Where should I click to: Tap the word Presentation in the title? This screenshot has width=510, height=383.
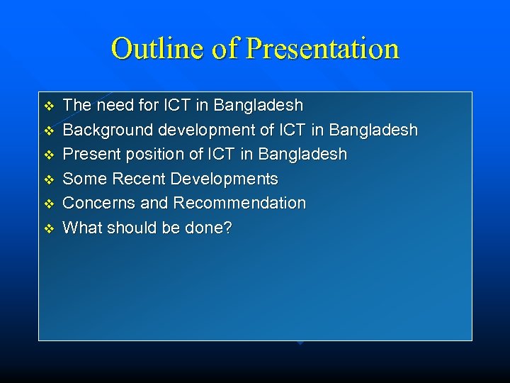coord(322,49)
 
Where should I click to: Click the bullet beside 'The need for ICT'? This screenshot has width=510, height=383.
coord(49,106)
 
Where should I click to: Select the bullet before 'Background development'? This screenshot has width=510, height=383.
coord(49,131)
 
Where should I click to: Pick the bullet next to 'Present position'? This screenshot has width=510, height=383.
coord(49,155)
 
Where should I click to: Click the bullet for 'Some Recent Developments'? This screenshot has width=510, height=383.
coord(49,179)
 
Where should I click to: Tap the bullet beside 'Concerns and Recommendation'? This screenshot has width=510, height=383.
coord(49,204)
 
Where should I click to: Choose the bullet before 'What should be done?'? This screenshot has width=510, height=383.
coord(49,228)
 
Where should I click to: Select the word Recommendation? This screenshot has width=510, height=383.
coord(239,203)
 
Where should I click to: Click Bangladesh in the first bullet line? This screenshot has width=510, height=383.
coord(258,106)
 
